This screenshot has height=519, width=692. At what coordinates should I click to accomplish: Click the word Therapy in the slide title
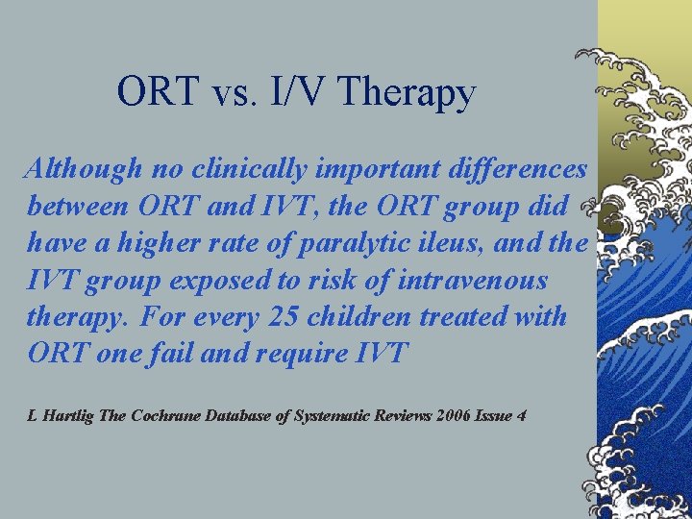(408, 93)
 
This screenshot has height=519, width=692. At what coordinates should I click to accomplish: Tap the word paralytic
(339, 243)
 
